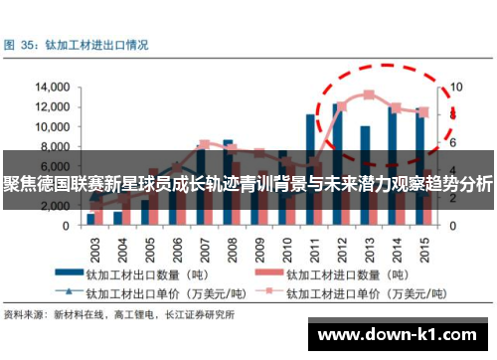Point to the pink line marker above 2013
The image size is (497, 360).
click(x=369, y=94)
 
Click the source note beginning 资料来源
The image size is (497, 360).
click(x=119, y=315)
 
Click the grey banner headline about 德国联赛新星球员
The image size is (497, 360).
click(x=248, y=184)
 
